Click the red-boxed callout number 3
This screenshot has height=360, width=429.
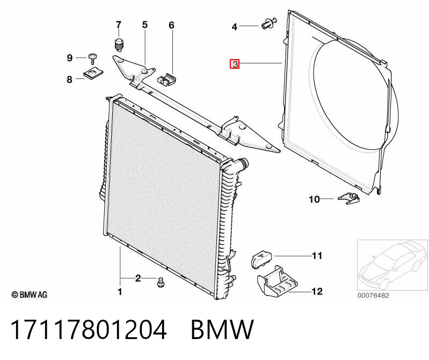[x=235, y=64]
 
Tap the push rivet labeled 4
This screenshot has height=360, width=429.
[x=269, y=24]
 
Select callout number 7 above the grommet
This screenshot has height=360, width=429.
[x=118, y=25]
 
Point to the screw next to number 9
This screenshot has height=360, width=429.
[x=92, y=58]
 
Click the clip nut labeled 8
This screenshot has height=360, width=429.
[x=93, y=74]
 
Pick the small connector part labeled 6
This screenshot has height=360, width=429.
[x=167, y=79]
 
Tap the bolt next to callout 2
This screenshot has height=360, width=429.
[x=161, y=282]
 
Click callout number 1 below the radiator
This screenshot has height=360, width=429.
[x=120, y=292]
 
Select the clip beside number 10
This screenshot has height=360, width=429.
[x=349, y=198]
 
